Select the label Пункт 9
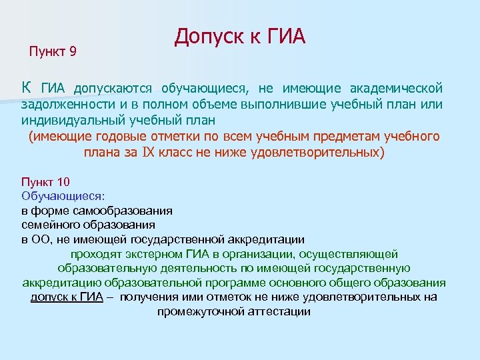pos(53,51)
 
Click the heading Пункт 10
pos(46,182)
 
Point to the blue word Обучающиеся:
pos(63,196)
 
